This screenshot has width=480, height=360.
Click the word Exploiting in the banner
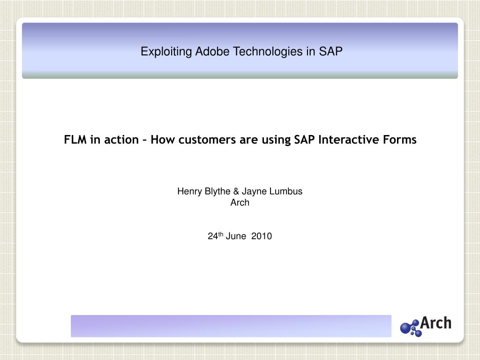tap(166, 52)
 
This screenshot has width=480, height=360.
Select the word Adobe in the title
tap(212, 51)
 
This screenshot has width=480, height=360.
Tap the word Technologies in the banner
tap(268, 52)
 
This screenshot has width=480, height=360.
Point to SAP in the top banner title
tap(330, 51)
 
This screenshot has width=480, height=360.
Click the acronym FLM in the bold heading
tap(75, 140)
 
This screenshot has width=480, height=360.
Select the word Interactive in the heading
tap(349, 140)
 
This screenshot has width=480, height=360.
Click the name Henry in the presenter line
tap(190, 191)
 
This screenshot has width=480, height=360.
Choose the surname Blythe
tap(217, 191)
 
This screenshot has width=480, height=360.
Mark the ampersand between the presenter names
tap(236, 191)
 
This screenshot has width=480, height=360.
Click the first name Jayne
tap(254, 192)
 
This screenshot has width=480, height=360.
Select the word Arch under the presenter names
tap(240, 202)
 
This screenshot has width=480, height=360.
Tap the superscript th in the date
tap(221, 234)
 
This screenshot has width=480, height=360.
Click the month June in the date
tap(236, 236)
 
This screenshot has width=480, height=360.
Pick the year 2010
tap(262, 236)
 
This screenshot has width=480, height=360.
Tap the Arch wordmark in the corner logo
tap(435, 323)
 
